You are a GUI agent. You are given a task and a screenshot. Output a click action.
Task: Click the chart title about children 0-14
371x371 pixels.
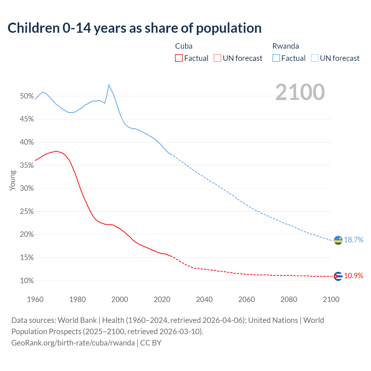(x=134, y=28)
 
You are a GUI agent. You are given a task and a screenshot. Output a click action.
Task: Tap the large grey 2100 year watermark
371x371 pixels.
(x=300, y=92)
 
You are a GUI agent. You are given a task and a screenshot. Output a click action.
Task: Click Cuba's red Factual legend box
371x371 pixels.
(x=179, y=58)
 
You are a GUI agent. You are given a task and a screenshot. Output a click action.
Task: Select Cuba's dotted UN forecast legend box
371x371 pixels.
(x=217, y=58)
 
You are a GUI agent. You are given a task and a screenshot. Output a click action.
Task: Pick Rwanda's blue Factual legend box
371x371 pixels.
(x=276, y=58)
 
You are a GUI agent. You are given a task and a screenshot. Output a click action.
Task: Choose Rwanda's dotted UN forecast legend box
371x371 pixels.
(x=315, y=58)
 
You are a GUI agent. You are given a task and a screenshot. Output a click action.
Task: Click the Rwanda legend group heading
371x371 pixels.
(x=285, y=46)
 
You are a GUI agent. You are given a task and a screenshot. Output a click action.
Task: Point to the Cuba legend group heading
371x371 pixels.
(x=184, y=46)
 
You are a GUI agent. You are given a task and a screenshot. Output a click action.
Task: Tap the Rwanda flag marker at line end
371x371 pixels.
(x=338, y=240)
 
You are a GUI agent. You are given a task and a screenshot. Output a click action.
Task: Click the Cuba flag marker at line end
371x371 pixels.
(x=338, y=276)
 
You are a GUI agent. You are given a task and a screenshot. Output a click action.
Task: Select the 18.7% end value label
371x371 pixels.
(x=353, y=240)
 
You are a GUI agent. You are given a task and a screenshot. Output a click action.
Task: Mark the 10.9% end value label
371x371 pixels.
(x=353, y=276)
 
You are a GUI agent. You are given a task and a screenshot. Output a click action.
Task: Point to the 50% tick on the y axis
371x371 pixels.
(x=27, y=96)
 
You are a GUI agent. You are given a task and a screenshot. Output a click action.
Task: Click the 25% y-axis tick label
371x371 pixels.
(x=27, y=212)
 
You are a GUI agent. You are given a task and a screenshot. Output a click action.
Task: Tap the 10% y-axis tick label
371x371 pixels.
(x=27, y=281)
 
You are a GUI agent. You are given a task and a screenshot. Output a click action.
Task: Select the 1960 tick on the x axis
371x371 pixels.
(x=35, y=299)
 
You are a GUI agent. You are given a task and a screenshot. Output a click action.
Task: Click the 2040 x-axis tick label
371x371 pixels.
(x=204, y=299)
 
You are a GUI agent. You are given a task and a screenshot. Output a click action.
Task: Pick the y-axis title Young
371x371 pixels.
(x=12, y=180)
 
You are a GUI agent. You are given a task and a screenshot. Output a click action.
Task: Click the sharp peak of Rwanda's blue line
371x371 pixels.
(x=109, y=85)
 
